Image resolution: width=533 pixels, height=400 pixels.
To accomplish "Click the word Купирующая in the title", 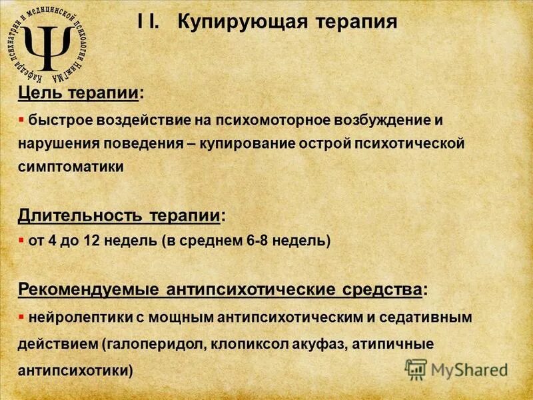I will point(237,22).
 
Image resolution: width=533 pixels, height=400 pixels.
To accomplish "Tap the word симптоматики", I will point(71,167).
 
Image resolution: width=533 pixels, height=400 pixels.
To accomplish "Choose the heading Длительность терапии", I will point(120,215).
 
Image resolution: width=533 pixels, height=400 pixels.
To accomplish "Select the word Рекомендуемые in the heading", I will point(87,291).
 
